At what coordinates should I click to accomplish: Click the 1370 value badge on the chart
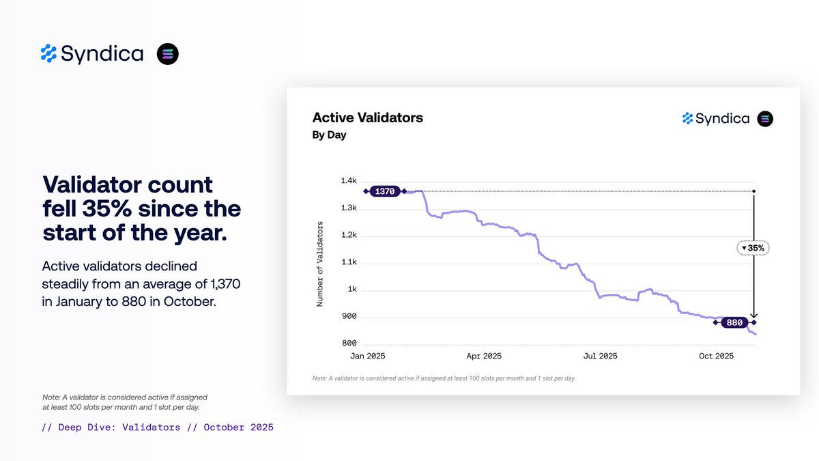[385, 191]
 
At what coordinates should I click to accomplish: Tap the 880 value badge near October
[734, 322]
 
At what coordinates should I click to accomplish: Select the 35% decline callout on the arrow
[753, 248]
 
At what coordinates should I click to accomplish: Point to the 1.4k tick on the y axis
[348, 181]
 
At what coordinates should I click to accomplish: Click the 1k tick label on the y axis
[352, 290]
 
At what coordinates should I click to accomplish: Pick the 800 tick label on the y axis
[349, 344]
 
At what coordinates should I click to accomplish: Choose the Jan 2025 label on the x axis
[367, 357]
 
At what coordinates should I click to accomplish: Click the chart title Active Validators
[367, 117]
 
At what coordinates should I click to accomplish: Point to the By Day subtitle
[329, 135]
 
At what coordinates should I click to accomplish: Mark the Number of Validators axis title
[319, 263]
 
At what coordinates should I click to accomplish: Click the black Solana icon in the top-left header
[167, 54]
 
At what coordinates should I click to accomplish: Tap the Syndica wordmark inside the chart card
[722, 119]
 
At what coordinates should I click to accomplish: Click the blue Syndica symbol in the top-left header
[48, 53]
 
